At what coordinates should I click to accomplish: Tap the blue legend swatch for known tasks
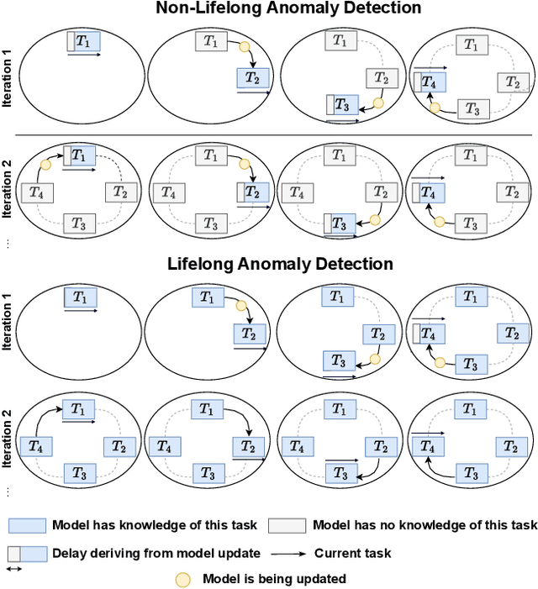(x=27, y=526)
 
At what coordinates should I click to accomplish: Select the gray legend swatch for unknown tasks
(x=287, y=526)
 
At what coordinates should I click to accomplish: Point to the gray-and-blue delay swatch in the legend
(x=27, y=554)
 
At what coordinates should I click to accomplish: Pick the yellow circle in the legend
(x=182, y=579)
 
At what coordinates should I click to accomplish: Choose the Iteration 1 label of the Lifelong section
(x=8, y=326)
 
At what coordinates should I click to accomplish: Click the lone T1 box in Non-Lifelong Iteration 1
(x=84, y=41)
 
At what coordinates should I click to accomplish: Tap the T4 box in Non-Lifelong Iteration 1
(x=430, y=82)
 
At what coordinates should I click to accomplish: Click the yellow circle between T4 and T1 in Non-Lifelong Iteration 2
(x=45, y=165)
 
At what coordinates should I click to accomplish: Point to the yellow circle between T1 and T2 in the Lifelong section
(x=242, y=308)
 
